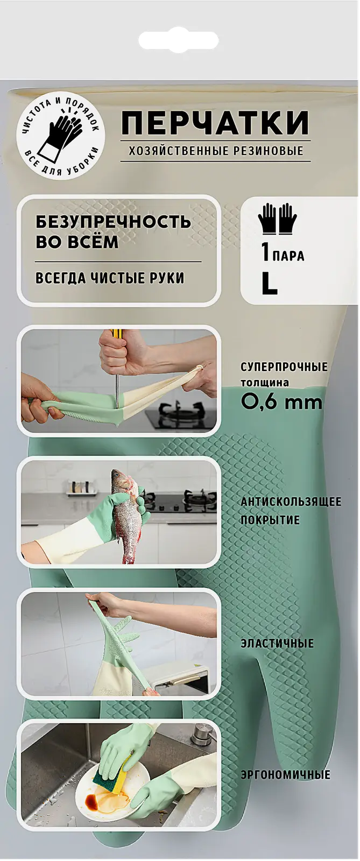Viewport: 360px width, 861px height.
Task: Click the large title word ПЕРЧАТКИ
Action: pos(215,124)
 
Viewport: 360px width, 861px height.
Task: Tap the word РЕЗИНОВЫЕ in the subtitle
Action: pos(268,151)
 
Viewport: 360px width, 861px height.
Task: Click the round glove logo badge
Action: pos(61,134)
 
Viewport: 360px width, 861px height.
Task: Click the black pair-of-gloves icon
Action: pos(278,219)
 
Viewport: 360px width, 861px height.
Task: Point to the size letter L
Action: pos(269,284)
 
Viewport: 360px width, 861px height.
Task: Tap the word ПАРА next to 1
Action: pos(288,256)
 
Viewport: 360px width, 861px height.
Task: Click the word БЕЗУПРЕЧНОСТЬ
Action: pos(113,222)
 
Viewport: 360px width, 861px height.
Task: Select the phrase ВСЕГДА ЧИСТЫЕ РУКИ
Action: pos(110,278)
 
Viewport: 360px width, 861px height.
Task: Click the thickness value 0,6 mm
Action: pos(281,401)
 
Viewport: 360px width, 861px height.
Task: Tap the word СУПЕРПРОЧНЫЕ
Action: pos(284,367)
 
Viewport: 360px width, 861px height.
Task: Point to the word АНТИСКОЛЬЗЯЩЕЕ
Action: pos(291,502)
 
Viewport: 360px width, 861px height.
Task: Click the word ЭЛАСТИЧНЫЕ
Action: pos(277,644)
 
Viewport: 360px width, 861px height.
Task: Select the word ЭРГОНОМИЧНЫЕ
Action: pos(285,775)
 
